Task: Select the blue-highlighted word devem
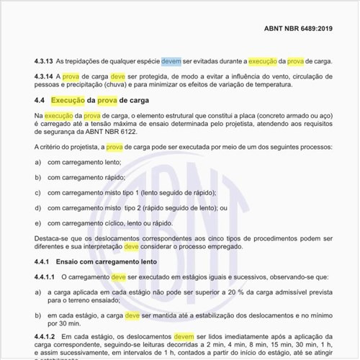(x=171, y=62)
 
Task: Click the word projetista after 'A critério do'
(x=86, y=148)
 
